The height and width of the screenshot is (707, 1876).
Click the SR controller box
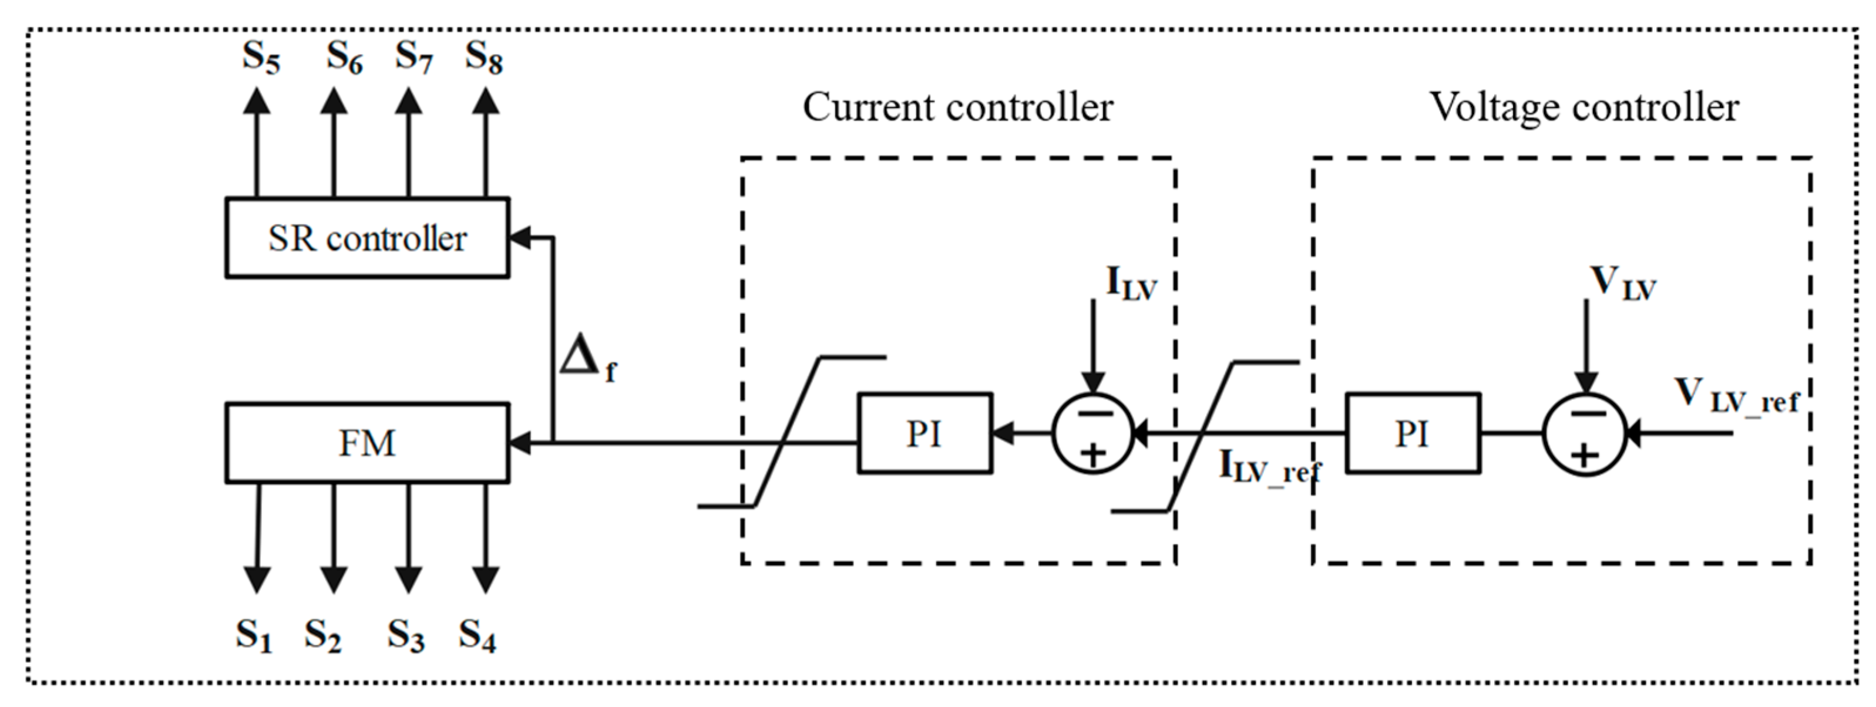click(x=367, y=238)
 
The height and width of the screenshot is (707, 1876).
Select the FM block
click(x=367, y=443)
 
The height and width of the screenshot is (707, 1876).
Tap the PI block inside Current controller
click(x=924, y=434)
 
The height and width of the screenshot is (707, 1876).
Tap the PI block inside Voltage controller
click(x=1412, y=434)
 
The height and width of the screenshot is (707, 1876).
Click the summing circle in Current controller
click(x=1092, y=434)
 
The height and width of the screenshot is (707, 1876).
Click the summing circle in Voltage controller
click(x=1585, y=434)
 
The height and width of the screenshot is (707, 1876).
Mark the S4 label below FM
click(x=478, y=635)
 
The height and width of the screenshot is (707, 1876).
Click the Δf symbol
click(x=587, y=360)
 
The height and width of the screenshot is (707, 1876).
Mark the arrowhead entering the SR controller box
click(x=519, y=237)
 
